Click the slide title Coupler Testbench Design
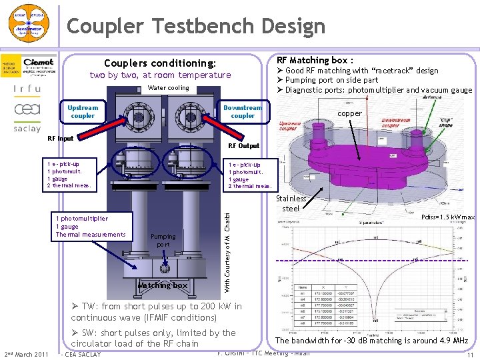point(196,27)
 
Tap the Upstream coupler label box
point(82,111)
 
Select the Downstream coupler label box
point(243,111)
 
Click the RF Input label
point(61,139)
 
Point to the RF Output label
point(243,145)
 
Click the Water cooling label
point(168,88)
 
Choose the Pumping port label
point(163,240)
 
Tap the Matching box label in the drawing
point(162,285)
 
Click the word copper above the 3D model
point(350,113)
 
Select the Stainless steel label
point(291,203)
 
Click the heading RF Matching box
point(315,60)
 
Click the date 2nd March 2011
point(26,353)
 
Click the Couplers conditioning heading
point(160,63)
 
